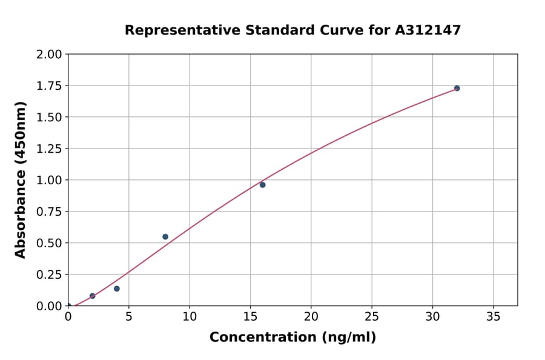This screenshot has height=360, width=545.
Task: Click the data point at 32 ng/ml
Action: pos(457,88)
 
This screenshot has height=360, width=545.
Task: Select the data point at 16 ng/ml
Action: pos(262,185)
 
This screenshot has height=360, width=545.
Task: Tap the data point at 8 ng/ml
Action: pos(165,237)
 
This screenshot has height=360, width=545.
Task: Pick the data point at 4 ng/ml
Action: pos(117,288)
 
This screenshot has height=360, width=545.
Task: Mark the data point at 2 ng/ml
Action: pos(93,296)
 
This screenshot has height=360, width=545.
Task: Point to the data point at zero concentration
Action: pos(68,305)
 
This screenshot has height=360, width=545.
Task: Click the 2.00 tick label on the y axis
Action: pos(49,55)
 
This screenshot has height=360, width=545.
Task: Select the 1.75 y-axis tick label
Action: pos(49,86)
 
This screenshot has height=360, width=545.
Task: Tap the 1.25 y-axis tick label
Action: pos(49,149)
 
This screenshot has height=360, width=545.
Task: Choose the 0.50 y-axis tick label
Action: pos(49,243)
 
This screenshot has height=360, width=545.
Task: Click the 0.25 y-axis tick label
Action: pos(49,275)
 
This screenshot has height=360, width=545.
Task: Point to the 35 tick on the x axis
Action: pos(493,317)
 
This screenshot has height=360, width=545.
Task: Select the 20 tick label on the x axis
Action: pos(311,317)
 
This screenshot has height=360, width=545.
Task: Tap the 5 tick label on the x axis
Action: pos(129,317)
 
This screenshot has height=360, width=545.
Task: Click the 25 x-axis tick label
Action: pos(371,317)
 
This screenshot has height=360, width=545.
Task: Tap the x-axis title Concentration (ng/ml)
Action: pos(292,338)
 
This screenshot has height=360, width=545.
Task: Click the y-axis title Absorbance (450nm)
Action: pos(21,180)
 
